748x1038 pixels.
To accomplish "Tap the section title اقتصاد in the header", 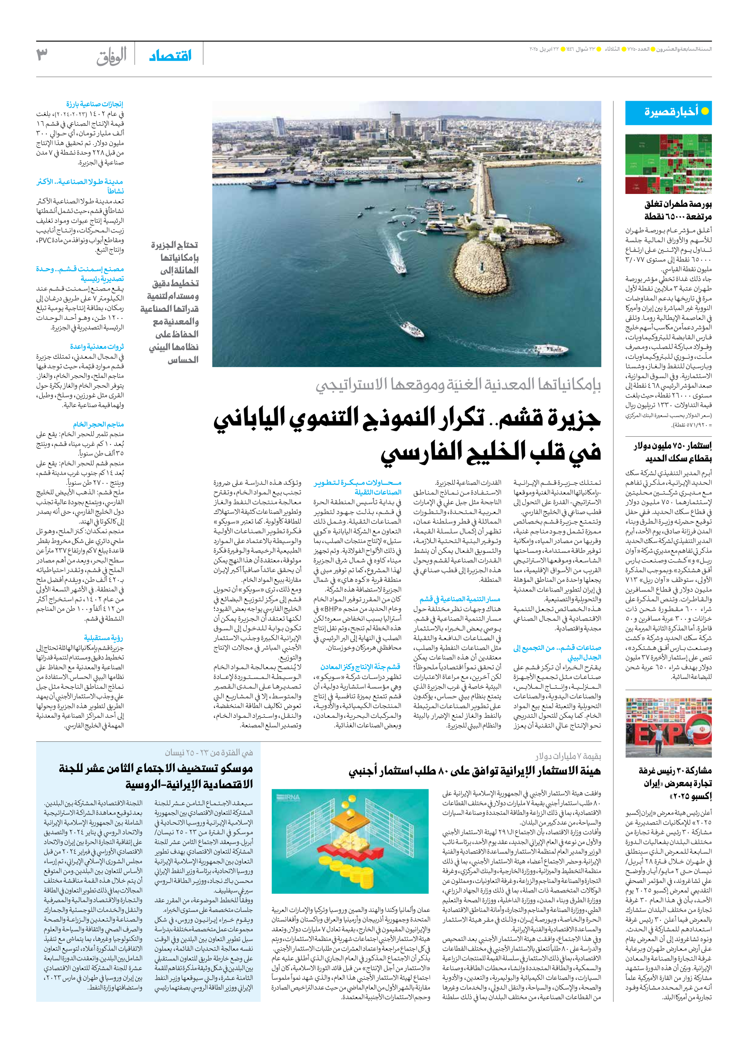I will (x=170, y=56).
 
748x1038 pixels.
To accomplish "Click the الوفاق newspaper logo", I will (x=111, y=57).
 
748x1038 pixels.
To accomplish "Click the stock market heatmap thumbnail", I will (x=668, y=164).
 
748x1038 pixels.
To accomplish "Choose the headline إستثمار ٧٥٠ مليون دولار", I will (x=673, y=446).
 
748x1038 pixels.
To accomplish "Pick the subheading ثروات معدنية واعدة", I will (x=97, y=347).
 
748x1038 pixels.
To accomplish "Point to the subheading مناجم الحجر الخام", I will (x=98, y=424).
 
